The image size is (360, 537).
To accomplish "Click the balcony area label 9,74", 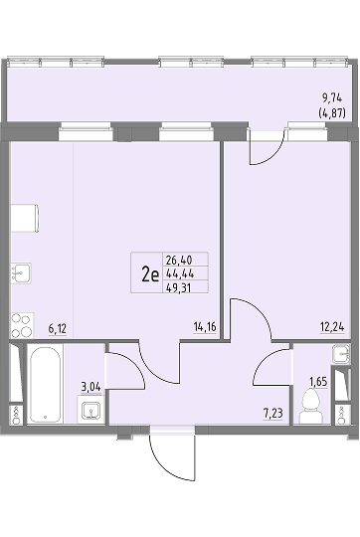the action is tap(331, 98).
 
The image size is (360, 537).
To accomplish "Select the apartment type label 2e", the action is tap(150, 274).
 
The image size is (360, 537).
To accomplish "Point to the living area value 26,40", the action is tap(179, 260).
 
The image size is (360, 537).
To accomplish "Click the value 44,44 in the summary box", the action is tap(180, 273).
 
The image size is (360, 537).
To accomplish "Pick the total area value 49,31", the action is tap(178, 288).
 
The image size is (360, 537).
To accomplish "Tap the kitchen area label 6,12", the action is tap(58, 329).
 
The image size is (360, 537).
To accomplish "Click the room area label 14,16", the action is tap(205, 327).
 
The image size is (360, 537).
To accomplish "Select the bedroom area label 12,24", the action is tap(332, 327).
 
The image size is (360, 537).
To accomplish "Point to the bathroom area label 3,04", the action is tap(90, 388).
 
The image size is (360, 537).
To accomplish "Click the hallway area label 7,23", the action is tap(273, 414).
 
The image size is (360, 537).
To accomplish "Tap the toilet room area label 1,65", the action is tap(318, 382).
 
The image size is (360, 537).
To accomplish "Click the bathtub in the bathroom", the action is tap(45, 384).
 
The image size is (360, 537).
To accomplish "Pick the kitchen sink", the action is tap(21, 272).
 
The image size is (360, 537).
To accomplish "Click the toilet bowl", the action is tap(311, 407).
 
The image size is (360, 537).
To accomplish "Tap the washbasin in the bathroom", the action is tap(90, 410).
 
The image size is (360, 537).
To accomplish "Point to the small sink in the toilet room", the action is tap(341, 354).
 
